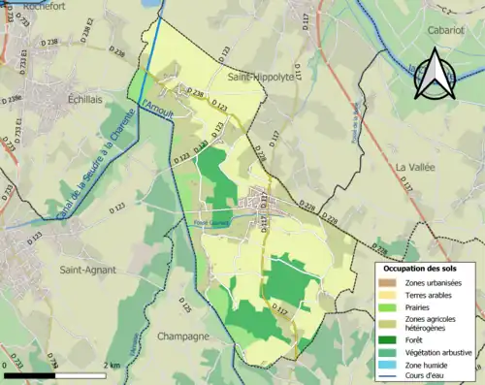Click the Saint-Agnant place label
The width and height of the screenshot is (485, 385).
85,269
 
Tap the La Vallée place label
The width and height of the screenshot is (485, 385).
418,167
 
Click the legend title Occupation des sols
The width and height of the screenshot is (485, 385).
423,267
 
